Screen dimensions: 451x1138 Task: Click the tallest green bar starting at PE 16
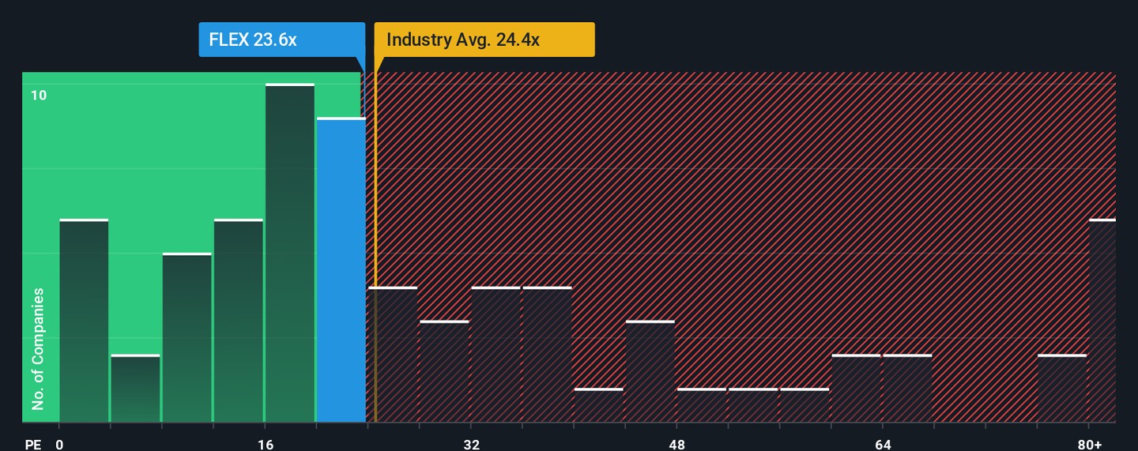tap(290, 253)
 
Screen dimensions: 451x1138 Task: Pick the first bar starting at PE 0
tap(84, 321)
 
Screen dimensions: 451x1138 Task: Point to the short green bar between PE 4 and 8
tap(135, 389)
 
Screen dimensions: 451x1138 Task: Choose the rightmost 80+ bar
tap(1102, 321)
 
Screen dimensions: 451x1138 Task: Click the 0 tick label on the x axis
tap(59, 444)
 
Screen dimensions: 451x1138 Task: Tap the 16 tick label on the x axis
tap(266, 444)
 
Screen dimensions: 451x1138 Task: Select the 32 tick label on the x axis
tap(472, 444)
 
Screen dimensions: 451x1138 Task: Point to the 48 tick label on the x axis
tap(677, 444)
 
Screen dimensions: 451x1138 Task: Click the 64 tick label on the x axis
tap(884, 444)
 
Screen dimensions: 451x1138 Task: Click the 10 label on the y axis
tap(39, 96)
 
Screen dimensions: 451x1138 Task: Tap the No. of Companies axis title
tap(38, 349)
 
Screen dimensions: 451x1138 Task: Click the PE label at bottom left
tap(32, 444)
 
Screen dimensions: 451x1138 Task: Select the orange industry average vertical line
tap(375, 237)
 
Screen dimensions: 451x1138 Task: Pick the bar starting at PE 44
tap(650, 371)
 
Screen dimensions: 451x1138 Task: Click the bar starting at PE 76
tap(1062, 389)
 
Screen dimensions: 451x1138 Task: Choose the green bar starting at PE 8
tap(187, 338)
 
